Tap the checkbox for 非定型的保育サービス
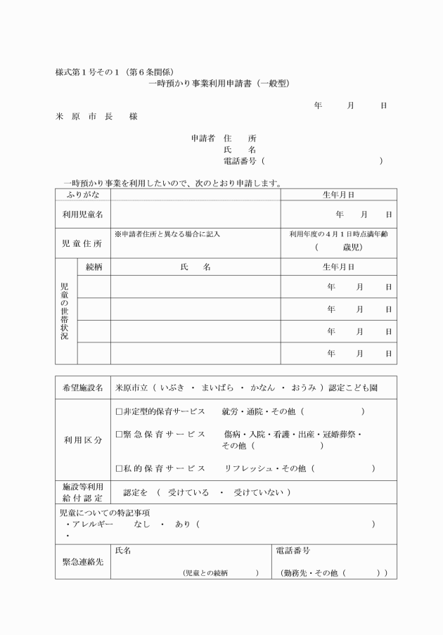click(x=119, y=411)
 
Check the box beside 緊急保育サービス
click(x=119, y=434)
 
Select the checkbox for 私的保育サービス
click(x=119, y=468)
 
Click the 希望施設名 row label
click(x=82, y=387)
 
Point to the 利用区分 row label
click(x=82, y=440)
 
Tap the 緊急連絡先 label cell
click(x=82, y=562)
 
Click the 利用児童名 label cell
click(x=82, y=214)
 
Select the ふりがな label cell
click(x=82, y=194)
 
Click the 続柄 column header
click(x=94, y=267)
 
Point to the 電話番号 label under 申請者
click(x=239, y=161)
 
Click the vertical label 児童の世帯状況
click(x=65, y=312)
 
